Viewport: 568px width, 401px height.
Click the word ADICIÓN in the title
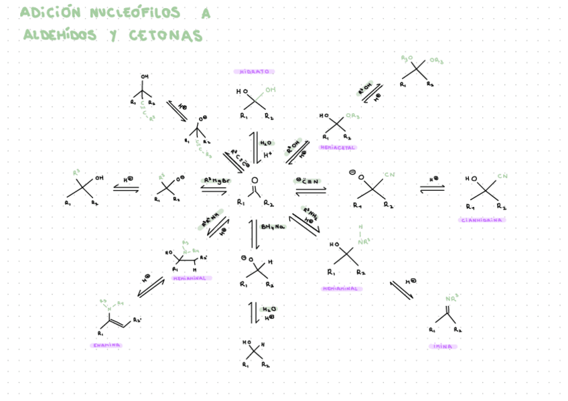[x=50, y=13]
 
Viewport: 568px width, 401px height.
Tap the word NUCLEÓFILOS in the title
[x=134, y=13]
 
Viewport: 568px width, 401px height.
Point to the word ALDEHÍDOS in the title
[x=60, y=35]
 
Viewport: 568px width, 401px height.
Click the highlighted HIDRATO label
[x=255, y=72]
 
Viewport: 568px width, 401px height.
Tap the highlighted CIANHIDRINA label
[x=482, y=220]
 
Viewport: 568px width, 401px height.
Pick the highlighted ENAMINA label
[x=106, y=345]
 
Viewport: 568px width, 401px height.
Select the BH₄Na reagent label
[x=273, y=227]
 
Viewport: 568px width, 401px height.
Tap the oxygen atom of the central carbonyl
[x=254, y=181]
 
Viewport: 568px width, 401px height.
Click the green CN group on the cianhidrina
[x=502, y=176]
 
